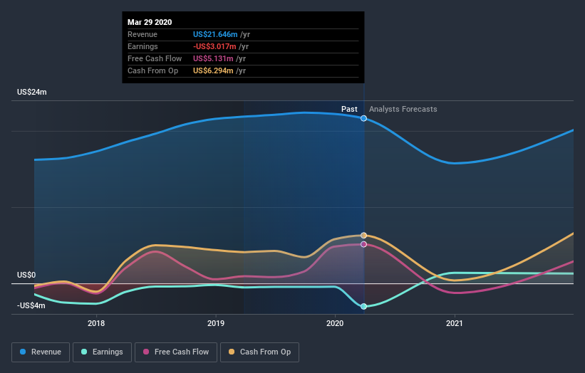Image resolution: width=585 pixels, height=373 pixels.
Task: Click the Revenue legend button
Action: (x=41, y=352)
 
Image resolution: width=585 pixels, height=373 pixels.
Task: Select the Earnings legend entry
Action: (x=102, y=352)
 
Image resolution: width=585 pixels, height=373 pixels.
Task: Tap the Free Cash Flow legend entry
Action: (x=175, y=352)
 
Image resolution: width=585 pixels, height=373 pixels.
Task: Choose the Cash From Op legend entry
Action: (x=260, y=352)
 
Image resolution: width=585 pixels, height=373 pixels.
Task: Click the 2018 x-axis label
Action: (x=96, y=323)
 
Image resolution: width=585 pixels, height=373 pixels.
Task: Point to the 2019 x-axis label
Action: (x=216, y=323)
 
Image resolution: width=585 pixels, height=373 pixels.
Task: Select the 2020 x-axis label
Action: (x=335, y=323)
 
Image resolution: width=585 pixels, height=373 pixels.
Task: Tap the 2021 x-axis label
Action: (x=455, y=323)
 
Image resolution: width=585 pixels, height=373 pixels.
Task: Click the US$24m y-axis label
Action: (x=32, y=93)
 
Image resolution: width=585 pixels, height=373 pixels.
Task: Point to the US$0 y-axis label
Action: (x=26, y=275)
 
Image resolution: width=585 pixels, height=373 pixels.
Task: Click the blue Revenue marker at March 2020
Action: (x=364, y=118)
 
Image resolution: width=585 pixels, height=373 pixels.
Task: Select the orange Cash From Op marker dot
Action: (x=364, y=235)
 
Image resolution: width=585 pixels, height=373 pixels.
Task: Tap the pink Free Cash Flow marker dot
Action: (x=364, y=244)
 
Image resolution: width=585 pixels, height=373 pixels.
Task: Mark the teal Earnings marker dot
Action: (x=364, y=306)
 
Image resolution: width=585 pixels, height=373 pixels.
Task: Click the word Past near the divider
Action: (x=349, y=109)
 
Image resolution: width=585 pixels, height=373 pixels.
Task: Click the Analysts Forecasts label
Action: (x=403, y=109)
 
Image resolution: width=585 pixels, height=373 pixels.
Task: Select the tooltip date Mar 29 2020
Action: (x=150, y=23)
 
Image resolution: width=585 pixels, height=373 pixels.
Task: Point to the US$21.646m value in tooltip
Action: (x=215, y=34)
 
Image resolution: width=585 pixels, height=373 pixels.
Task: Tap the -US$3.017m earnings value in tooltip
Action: (x=217, y=46)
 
